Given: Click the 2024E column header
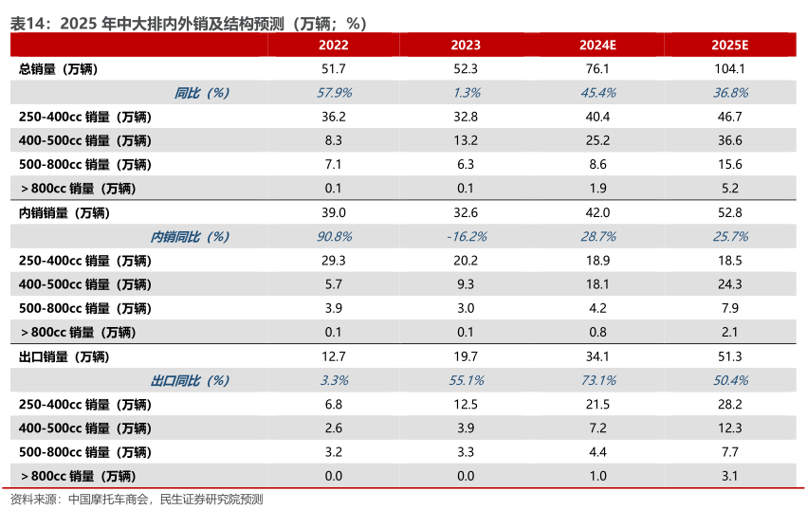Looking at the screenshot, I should point(598,45).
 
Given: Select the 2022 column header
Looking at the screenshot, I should point(333,45).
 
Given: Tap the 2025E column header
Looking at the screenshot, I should point(730,45).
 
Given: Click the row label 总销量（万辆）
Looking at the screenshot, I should point(58,69).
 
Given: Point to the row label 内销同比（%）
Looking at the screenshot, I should point(190,236).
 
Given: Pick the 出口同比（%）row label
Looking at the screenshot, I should point(190,380).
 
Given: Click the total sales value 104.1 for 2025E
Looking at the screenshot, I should point(730,69).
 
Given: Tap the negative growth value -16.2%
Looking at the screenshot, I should point(466,236).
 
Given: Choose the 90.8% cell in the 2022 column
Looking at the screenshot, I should point(333,236).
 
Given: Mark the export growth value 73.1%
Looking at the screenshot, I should point(598,380).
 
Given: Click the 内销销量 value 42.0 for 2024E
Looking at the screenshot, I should point(598,212).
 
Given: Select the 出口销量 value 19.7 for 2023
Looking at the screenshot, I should point(466,356).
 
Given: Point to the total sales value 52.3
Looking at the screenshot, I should point(466,69).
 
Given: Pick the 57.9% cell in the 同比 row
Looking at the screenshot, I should point(333,93).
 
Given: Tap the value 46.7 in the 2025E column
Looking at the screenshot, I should point(730,117).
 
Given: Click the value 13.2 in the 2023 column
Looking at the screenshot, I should point(466,140).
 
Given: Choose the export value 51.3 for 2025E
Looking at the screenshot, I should point(730,356).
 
